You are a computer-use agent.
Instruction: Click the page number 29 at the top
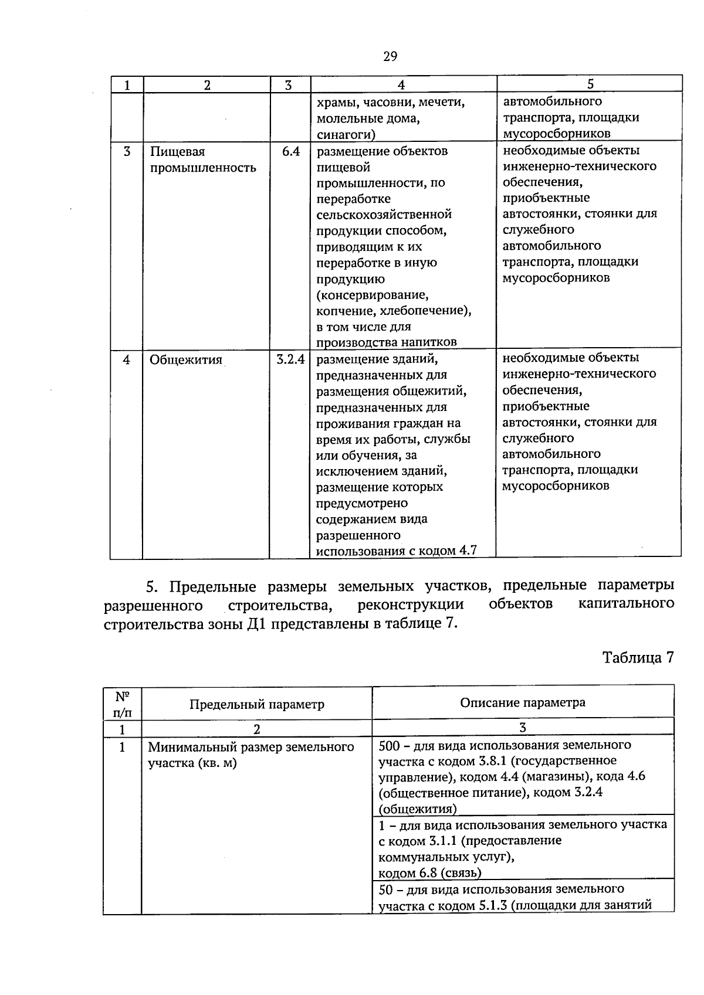390,56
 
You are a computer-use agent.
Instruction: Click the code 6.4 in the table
290,152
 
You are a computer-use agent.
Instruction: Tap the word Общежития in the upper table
186,360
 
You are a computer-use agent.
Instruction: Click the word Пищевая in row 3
178,152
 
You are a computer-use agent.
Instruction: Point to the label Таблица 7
638,657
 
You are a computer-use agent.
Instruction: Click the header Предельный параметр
256,704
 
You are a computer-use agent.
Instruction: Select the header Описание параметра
522,702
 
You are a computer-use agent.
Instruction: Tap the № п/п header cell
122,704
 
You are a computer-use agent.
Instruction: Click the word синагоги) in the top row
346,135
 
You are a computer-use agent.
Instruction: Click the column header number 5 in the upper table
590,84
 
